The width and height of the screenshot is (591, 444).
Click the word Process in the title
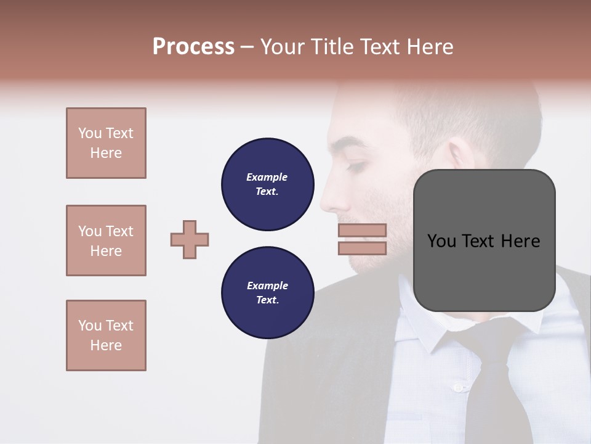click(x=193, y=47)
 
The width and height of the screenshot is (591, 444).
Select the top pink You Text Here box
click(x=106, y=143)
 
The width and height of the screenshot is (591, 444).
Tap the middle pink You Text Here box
click(x=106, y=240)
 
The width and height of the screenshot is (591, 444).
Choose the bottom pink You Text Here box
click(x=106, y=335)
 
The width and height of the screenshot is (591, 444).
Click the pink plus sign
click(x=190, y=239)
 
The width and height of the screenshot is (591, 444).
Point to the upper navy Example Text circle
click(x=267, y=184)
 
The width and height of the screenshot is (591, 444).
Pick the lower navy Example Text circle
click(x=267, y=292)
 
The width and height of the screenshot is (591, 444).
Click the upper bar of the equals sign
click(x=362, y=231)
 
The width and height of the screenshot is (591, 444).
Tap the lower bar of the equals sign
click(x=362, y=248)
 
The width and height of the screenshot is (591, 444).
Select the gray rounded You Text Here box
click(x=484, y=240)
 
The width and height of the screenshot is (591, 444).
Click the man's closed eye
click(x=357, y=165)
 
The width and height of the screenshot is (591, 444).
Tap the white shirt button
click(x=457, y=387)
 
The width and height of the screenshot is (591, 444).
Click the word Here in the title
click(x=429, y=47)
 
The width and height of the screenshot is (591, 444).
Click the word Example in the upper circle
click(x=267, y=177)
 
